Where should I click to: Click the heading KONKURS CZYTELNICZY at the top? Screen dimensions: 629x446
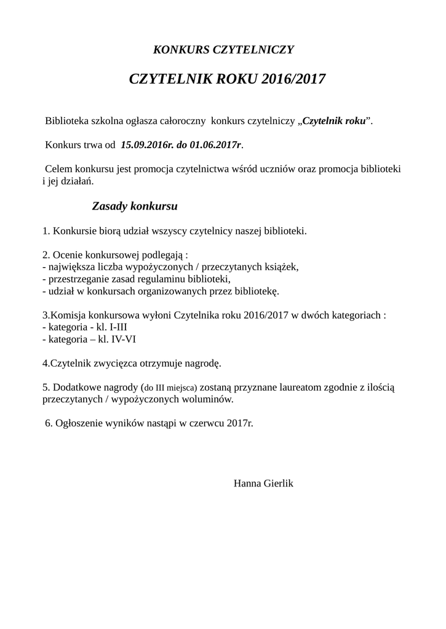coord(223,49)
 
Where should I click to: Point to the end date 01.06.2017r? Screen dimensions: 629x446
coord(216,144)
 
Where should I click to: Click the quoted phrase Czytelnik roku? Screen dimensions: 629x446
coord(334,120)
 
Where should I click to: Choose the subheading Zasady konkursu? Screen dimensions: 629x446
coord(135,206)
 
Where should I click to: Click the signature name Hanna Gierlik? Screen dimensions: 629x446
coord(263,483)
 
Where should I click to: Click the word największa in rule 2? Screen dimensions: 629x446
coord(69,267)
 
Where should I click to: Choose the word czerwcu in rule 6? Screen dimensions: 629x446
coord(206,423)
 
